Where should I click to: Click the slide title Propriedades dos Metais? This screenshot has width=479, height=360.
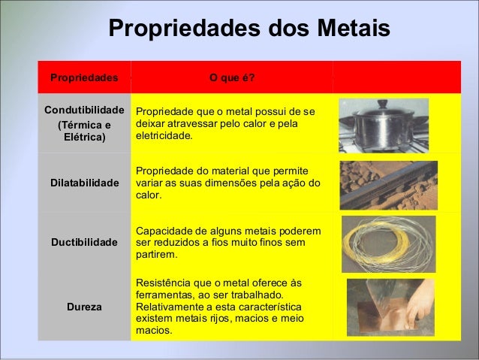tap(249, 29)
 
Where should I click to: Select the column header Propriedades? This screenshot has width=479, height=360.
tap(84, 77)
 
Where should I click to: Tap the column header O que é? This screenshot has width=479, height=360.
tap(232, 77)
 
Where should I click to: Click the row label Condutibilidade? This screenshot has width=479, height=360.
tap(84, 110)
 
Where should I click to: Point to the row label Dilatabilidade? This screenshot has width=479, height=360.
tap(84, 183)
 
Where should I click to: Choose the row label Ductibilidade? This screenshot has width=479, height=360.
tap(84, 243)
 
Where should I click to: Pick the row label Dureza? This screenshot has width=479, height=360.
tap(84, 307)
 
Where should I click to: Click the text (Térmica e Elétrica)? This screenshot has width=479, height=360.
tap(84, 132)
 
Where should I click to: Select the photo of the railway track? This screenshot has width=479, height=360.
tap(388, 185)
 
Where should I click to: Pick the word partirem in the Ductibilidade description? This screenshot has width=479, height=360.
tap(156, 255)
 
